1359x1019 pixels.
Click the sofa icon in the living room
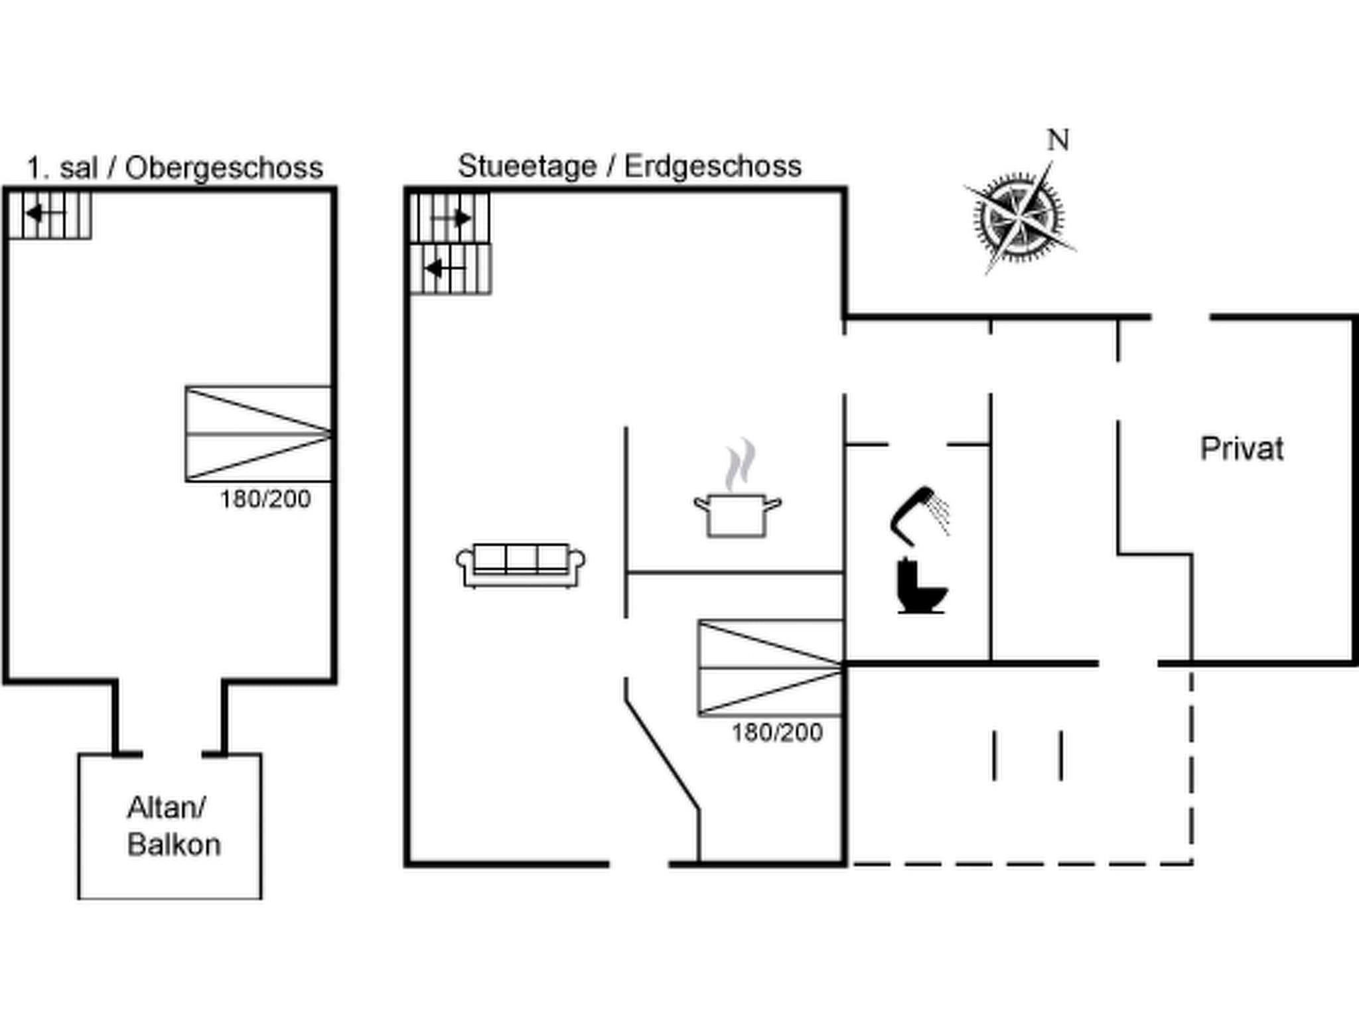click(521, 565)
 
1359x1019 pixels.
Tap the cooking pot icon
click(737, 515)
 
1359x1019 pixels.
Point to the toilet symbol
click(922, 586)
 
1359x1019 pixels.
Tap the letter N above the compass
click(1058, 140)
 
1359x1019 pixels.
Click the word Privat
click(1242, 449)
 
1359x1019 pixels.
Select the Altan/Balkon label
click(173, 826)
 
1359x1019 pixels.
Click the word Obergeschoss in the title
click(224, 168)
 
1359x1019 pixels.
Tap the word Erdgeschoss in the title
click(713, 166)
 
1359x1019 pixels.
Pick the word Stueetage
click(528, 166)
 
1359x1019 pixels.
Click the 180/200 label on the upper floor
click(265, 499)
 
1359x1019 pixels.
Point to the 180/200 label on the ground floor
click(777, 732)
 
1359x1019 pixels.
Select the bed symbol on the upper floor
click(258, 433)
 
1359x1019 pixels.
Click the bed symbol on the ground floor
click(771, 668)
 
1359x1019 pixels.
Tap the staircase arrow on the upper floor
click(45, 214)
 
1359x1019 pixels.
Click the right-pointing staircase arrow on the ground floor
click(451, 218)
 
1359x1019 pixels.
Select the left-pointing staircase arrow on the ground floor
click(445, 269)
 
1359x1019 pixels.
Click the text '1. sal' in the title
click(63, 168)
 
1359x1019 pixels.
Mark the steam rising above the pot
click(741, 464)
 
